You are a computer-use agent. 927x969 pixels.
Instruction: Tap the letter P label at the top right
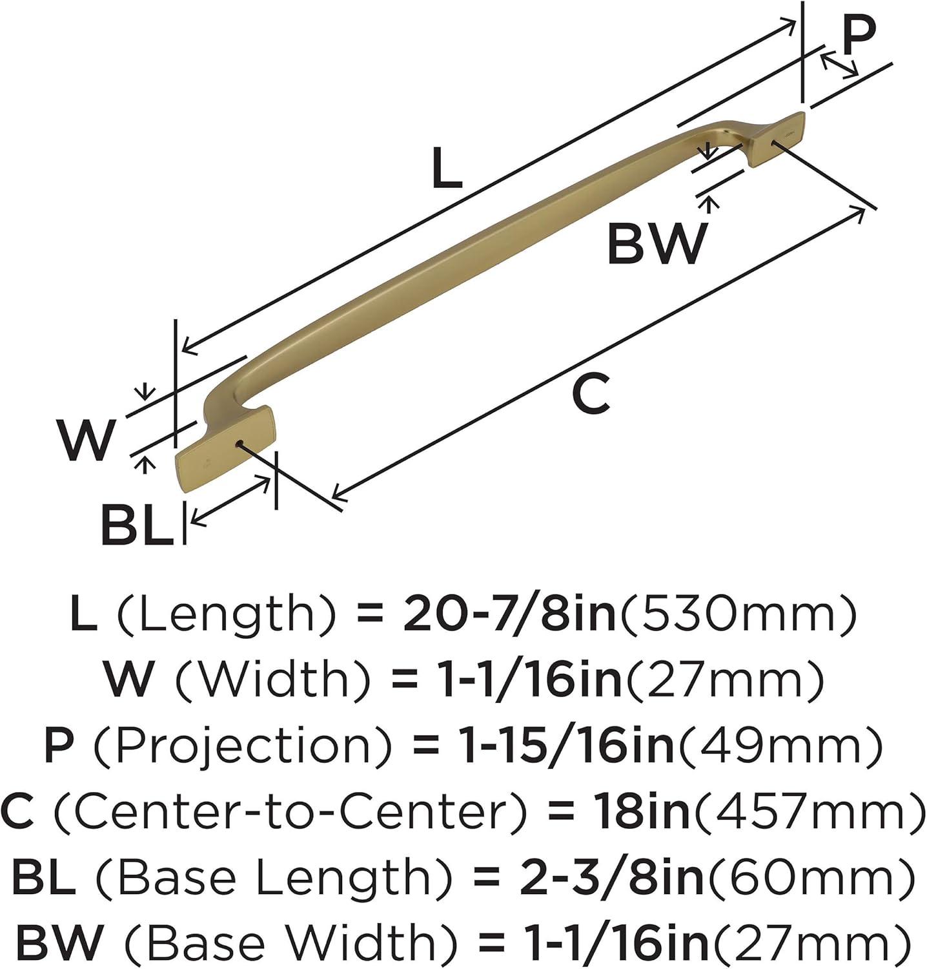click(858, 36)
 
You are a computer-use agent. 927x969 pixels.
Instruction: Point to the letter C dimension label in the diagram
click(590, 395)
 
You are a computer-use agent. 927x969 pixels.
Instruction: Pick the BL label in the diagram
click(138, 525)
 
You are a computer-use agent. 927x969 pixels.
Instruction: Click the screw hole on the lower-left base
click(239, 443)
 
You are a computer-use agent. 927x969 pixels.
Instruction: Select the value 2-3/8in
click(611, 877)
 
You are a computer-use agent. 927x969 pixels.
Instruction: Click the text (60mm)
click(810, 877)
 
